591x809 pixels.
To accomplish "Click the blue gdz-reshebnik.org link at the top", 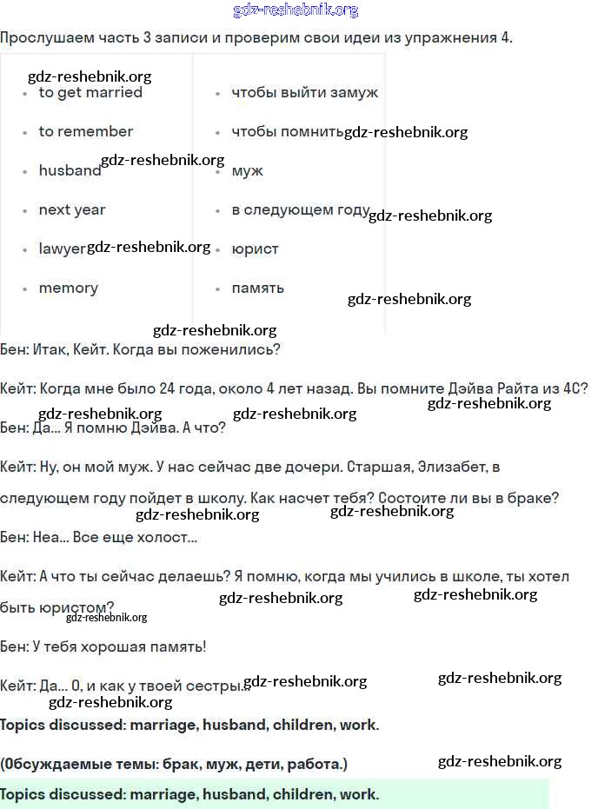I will tap(295, 10).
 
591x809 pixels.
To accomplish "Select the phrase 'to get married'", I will tap(90, 93).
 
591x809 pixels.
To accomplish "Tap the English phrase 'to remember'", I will tap(85, 132).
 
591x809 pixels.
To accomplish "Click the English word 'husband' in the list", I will tap(70, 171).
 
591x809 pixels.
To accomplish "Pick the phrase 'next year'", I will tap(71, 210).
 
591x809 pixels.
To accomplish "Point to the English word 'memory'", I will tap(68, 288).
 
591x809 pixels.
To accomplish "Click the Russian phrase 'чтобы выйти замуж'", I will tap(304, 93).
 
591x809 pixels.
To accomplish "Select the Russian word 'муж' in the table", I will tap(247, 171).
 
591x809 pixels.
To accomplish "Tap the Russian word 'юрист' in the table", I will tap(255, 249).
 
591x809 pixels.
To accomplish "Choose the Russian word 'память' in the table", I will tap(257, 288).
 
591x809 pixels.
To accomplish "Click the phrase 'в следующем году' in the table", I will tap(301, 210).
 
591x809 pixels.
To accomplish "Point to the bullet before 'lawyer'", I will tap(25, 250).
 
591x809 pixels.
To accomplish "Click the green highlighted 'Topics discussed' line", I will tap(189, 794).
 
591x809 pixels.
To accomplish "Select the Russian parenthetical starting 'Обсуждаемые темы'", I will tap(174, 765).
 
